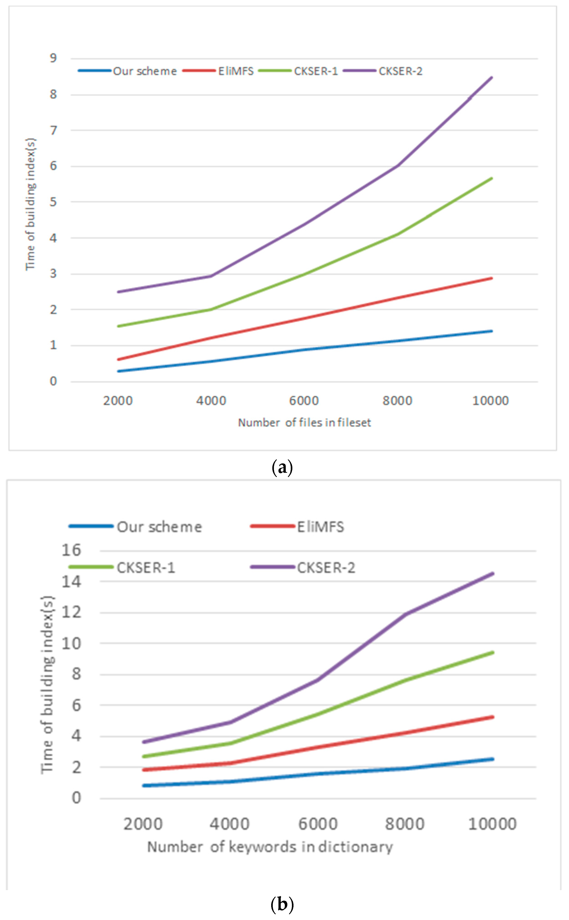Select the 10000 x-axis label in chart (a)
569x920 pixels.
(490, 401)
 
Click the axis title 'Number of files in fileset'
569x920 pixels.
(304, 423)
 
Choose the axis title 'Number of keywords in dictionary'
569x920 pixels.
(270, 847)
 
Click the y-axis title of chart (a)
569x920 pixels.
(31, 204)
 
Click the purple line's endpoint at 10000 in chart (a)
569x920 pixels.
(492, 77)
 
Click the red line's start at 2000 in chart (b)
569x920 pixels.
(144, 770)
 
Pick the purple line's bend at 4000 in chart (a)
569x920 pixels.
(211, 276)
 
